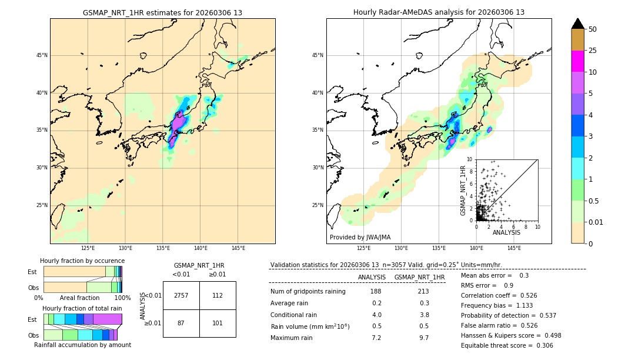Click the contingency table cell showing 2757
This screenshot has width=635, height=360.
tap(181, 295)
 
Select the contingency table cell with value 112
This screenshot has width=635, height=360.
tap(218, 295)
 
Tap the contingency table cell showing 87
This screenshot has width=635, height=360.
tap(181, 323)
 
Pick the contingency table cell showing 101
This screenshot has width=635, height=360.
tap(218, 323)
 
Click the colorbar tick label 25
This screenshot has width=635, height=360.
tap(593, 51)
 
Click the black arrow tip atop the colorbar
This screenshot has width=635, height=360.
tap(578, 23)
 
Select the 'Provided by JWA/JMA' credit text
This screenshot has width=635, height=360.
tap(360, 238)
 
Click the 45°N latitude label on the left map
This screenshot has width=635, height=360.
tap(42, 55)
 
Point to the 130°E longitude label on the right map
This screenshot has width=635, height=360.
tap(402, 248)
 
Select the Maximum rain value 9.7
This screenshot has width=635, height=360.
tap(423, 338)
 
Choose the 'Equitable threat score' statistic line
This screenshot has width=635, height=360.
tap(507, 345)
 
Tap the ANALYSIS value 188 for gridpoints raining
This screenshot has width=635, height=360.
tap(376, 291)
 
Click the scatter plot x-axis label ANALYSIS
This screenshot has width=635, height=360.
tap(506, 232)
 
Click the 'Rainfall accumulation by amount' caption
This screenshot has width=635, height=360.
tap(82, 345)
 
